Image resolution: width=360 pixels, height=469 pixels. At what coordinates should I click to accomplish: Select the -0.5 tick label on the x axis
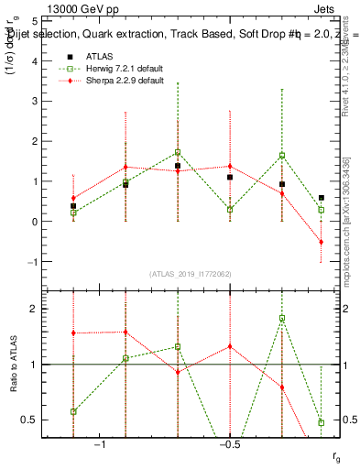point(229,444)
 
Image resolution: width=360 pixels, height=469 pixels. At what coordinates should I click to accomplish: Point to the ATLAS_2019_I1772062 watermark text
point(191,275)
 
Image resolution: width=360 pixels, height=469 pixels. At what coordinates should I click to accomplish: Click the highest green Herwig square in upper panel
point(178,152)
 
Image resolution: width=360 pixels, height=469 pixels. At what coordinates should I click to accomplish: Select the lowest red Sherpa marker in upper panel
point(321,242)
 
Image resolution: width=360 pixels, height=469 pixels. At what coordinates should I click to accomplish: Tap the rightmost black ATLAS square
point(321,198)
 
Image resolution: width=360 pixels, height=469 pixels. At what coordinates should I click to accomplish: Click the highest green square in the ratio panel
point(282,318)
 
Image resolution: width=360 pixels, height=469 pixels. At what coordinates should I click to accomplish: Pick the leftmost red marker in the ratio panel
point(73,333)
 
